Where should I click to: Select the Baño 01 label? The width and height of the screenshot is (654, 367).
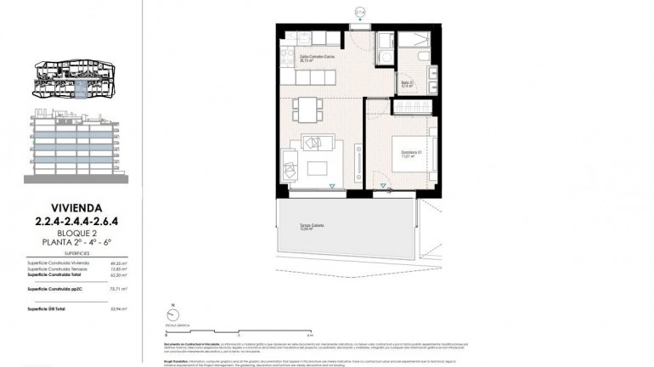point(406,84)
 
